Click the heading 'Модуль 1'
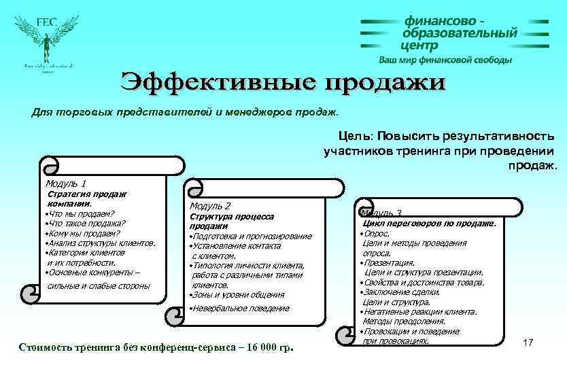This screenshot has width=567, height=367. pyautogui.click(x=65, y=183)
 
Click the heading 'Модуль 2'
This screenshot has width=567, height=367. pyautogui.click(x=210, y=205)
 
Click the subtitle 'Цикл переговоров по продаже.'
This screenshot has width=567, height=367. pyautogui.click(x=430, y=223)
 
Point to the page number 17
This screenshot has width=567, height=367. pyautogui.click(x=528, y=343)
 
